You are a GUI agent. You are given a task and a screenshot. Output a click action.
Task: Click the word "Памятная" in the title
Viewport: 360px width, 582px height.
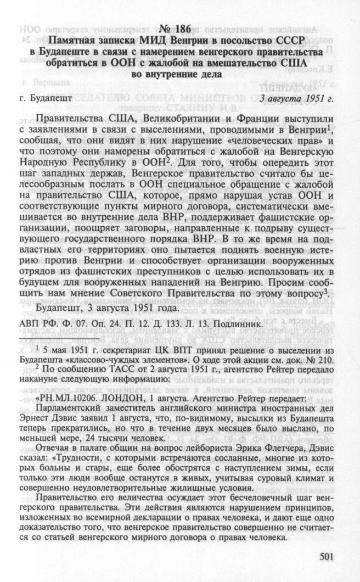(72, 42)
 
